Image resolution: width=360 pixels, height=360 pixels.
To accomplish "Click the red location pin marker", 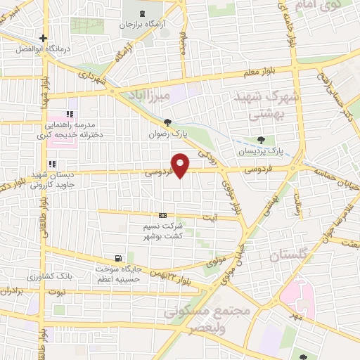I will (x=181, y=165).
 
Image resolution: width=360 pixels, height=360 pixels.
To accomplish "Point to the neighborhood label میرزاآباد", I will (x=146, y=94).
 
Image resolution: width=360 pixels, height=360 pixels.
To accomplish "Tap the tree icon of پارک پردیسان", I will (x=262, y=140).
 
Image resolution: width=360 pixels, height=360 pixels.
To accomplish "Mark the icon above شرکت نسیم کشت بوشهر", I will (x=163, y=215).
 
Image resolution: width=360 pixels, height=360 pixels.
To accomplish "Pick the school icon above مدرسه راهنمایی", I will (x=69, y=114).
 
